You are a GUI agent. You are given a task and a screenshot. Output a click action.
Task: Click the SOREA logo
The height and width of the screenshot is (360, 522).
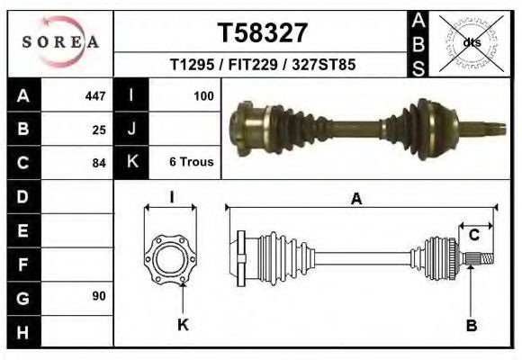click(60, 42)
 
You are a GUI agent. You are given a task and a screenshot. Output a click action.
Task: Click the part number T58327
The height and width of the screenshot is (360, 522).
click(262, 33)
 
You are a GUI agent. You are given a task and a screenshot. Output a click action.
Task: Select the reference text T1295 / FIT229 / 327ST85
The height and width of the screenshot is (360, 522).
click(262, 66)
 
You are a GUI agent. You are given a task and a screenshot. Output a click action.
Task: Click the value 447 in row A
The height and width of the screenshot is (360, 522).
click(94, 95)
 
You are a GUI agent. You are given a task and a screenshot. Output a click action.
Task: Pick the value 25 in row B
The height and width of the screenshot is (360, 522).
click(99, 129)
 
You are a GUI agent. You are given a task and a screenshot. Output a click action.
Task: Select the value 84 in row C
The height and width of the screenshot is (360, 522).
click(99, 163)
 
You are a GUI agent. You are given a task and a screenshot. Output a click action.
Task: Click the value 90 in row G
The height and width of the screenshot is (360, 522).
click(99, 296)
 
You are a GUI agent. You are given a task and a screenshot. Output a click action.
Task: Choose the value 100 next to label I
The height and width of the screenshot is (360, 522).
click(203, 95)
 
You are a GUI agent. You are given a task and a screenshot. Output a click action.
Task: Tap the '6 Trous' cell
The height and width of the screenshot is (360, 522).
click(191, 163)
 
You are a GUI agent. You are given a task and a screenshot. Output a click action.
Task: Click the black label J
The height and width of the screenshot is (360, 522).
click(131, 129)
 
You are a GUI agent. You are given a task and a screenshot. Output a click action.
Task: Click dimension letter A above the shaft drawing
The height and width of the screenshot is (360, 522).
click(356, 200)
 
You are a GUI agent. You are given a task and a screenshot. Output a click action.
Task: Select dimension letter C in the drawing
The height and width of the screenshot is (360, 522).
click(473, 236)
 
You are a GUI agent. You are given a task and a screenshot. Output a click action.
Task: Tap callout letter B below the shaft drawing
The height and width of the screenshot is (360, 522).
click(471, 326)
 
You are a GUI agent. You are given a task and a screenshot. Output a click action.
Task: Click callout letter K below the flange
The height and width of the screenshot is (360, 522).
click(183, 326)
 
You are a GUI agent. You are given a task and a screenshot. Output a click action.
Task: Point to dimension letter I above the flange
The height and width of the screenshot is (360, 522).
click(171, 198)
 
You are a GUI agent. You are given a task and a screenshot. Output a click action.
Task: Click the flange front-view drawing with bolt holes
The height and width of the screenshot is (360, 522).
click(170, 258)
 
